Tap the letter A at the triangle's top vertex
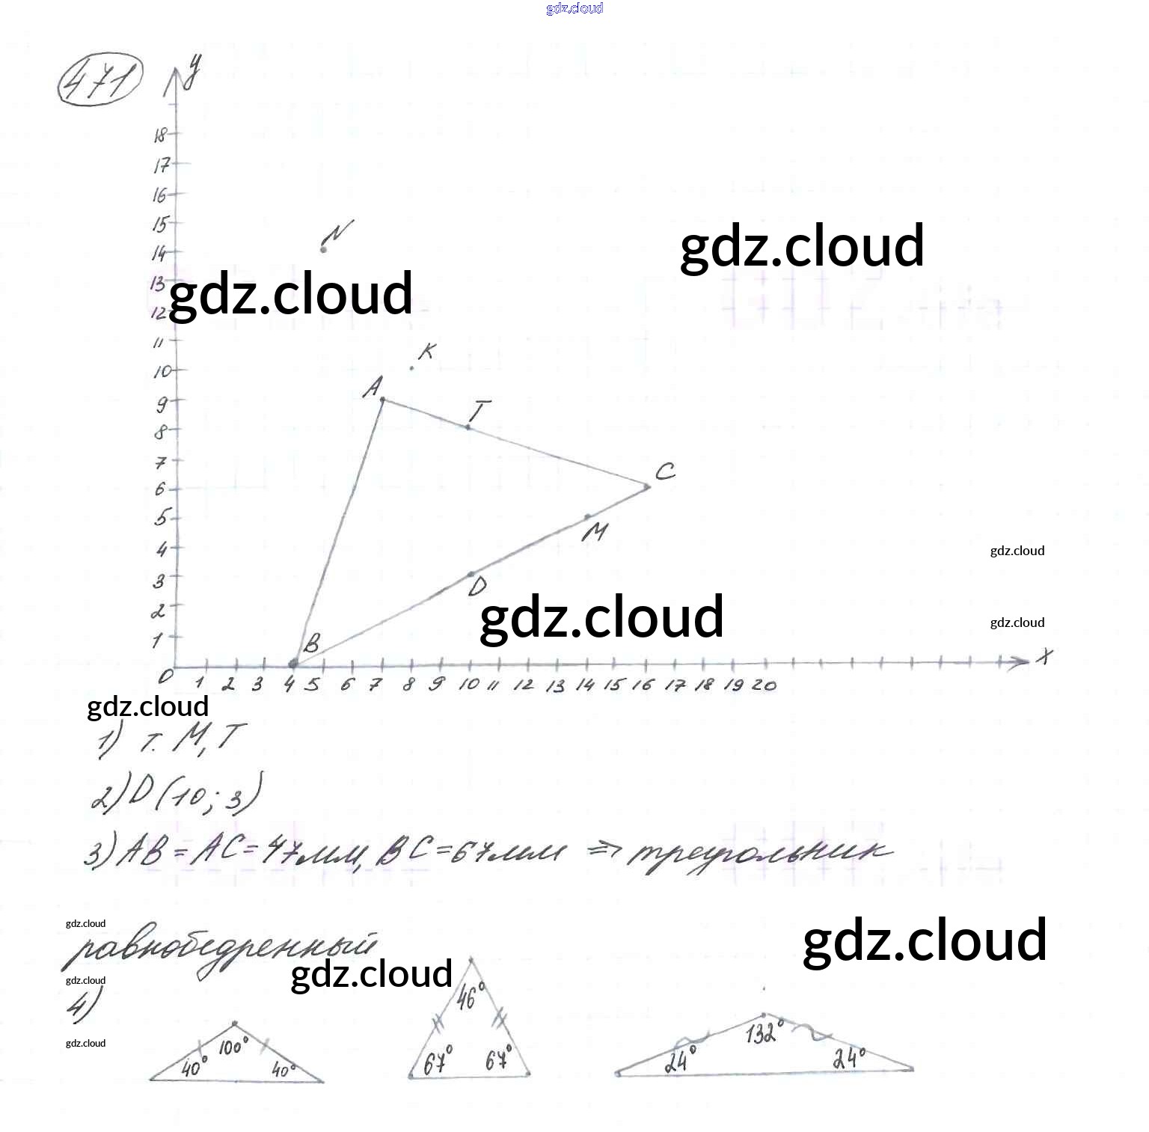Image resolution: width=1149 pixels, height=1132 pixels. pos(373,387)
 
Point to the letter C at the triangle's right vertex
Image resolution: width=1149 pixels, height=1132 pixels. pos(665,471)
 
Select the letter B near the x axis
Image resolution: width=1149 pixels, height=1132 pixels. pos(311,643)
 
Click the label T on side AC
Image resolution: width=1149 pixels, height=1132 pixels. pos(479,411)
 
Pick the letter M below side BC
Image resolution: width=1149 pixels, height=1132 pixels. pos(595,532)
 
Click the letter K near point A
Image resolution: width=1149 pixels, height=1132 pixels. pos(426,351)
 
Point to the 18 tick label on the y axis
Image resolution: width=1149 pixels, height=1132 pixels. pos(160,135)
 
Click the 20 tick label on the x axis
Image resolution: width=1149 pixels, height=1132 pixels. pos(764,684)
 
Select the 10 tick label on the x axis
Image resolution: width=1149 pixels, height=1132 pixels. pos(468,684)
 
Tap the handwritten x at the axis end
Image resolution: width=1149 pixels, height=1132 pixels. pos(1044,656)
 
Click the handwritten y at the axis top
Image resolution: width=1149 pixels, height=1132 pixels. pos(193,71)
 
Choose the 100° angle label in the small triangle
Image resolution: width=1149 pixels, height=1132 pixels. pos(231,1047)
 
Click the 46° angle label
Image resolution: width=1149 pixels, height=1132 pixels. pos(467,997)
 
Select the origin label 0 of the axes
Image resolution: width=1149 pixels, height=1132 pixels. pos(165,675)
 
